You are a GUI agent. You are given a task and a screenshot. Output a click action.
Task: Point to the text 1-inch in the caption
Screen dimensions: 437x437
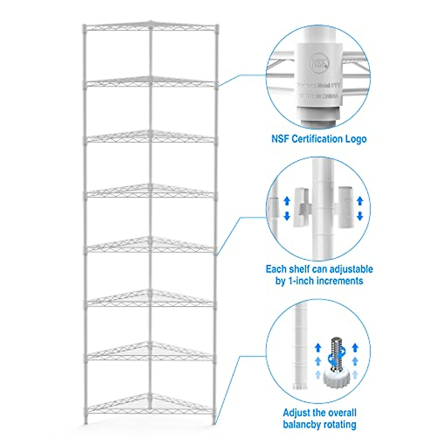pyautogui.click(x=300, y=281)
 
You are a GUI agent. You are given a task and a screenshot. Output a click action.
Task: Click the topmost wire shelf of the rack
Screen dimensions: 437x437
pyautogui.click(x=150, y=26)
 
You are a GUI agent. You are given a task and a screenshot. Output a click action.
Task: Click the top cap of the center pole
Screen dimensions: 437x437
pyautogui.click(x=150, y=23)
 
